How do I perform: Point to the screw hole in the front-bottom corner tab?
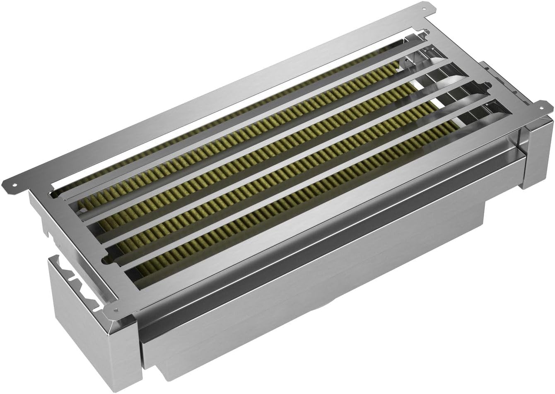115,310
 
